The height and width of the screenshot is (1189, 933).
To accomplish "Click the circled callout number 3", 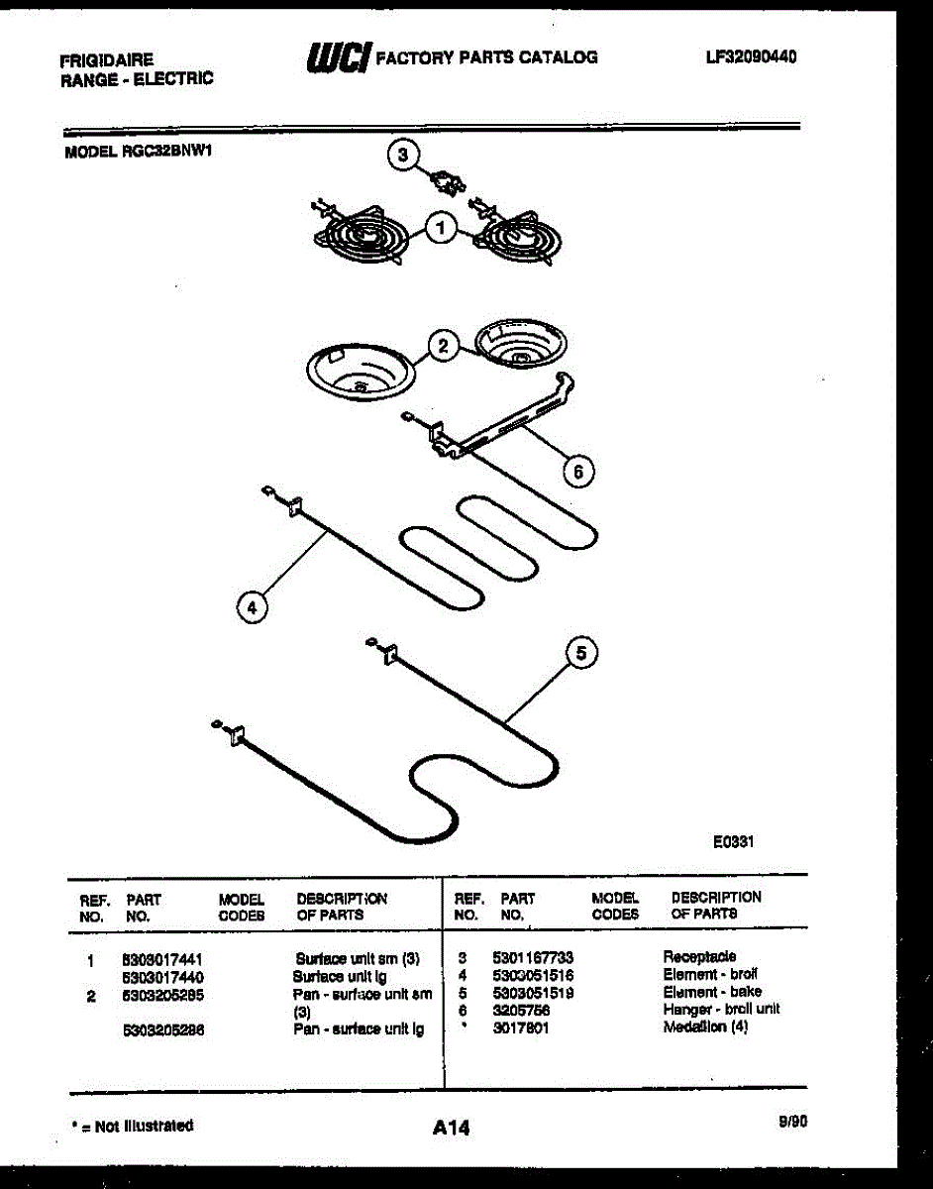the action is click(402, 156).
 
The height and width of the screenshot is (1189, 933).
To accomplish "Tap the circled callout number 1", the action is click(442, 230).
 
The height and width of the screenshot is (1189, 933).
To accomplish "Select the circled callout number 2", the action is click(443, 346).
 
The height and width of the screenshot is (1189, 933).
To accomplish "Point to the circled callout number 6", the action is click(577, 472).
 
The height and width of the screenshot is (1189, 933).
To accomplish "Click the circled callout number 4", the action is click(253, 607).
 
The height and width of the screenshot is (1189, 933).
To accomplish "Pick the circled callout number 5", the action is click(581, 653).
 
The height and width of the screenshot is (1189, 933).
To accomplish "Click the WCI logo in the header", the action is click(338, 57).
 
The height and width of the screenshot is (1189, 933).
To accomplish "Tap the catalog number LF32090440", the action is click(751, 56).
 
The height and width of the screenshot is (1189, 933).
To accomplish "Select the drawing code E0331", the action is click(734, 841).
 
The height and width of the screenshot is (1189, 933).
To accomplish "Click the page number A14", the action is click(451, 1128).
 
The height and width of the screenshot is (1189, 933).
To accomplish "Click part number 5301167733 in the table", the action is click(533, 958).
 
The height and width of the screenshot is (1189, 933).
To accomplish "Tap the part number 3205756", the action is click(521, 1010).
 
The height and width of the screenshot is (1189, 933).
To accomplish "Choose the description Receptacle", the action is click(699, 957).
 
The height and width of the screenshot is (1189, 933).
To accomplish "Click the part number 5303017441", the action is click(162, 959).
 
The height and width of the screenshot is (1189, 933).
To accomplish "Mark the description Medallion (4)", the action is click(705, 1027).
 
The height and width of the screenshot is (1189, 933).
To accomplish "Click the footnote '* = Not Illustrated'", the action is click(133, 1126).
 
